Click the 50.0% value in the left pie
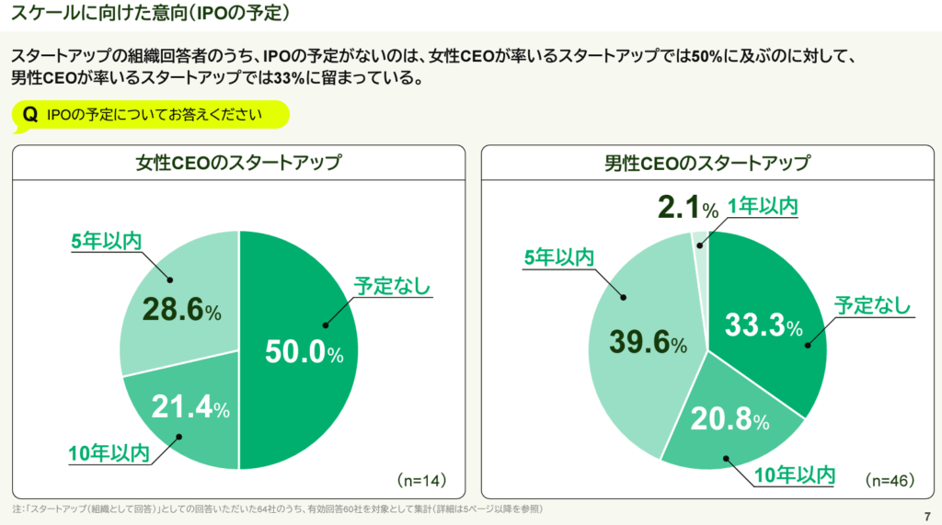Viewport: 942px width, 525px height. [x=304, y=352]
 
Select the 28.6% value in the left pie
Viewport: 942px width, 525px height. [x=181, y=309]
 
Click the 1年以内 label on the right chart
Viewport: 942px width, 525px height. [x=763, y=206]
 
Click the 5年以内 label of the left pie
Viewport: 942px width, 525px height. [x=106, y=241]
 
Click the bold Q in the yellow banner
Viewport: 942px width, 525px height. [x=29, y=114]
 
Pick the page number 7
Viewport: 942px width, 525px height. [x=926, y=514]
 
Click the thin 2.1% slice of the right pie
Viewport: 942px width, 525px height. [x=700, y=241]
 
